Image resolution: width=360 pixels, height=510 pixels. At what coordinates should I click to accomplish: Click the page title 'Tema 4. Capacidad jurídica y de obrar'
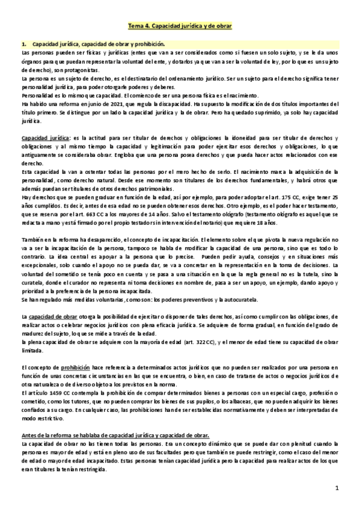tap(180, 27)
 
